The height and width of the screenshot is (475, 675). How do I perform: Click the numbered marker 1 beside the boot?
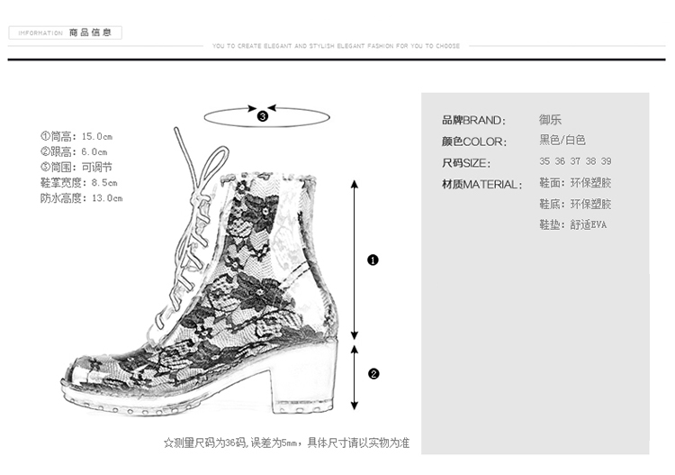(x=373, y=260)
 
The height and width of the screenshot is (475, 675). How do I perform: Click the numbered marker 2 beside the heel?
(x=373, y=373)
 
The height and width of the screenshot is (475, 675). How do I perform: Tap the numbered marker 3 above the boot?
(x=263, y=115)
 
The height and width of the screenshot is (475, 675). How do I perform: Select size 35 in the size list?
(x=544, y=161)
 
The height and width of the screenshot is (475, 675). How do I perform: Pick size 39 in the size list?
(x=606, y=161)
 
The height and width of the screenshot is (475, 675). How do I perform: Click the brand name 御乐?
(x=550, y=119)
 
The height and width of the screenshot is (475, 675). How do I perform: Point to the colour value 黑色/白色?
(x=562, y=140)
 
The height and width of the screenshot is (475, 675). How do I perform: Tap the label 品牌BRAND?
(x=473, y=120)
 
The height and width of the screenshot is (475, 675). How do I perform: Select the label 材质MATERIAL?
(x=481, y=185)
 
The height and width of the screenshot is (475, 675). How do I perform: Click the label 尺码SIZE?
(x=466, y=163)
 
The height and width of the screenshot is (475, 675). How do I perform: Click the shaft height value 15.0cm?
(x=95, y=137)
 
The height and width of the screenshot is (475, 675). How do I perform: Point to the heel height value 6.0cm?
(x=94, y=152)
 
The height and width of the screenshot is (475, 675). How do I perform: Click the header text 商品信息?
(x=90, y=33)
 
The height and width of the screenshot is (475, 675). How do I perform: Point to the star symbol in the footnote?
(x=167, y=443)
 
